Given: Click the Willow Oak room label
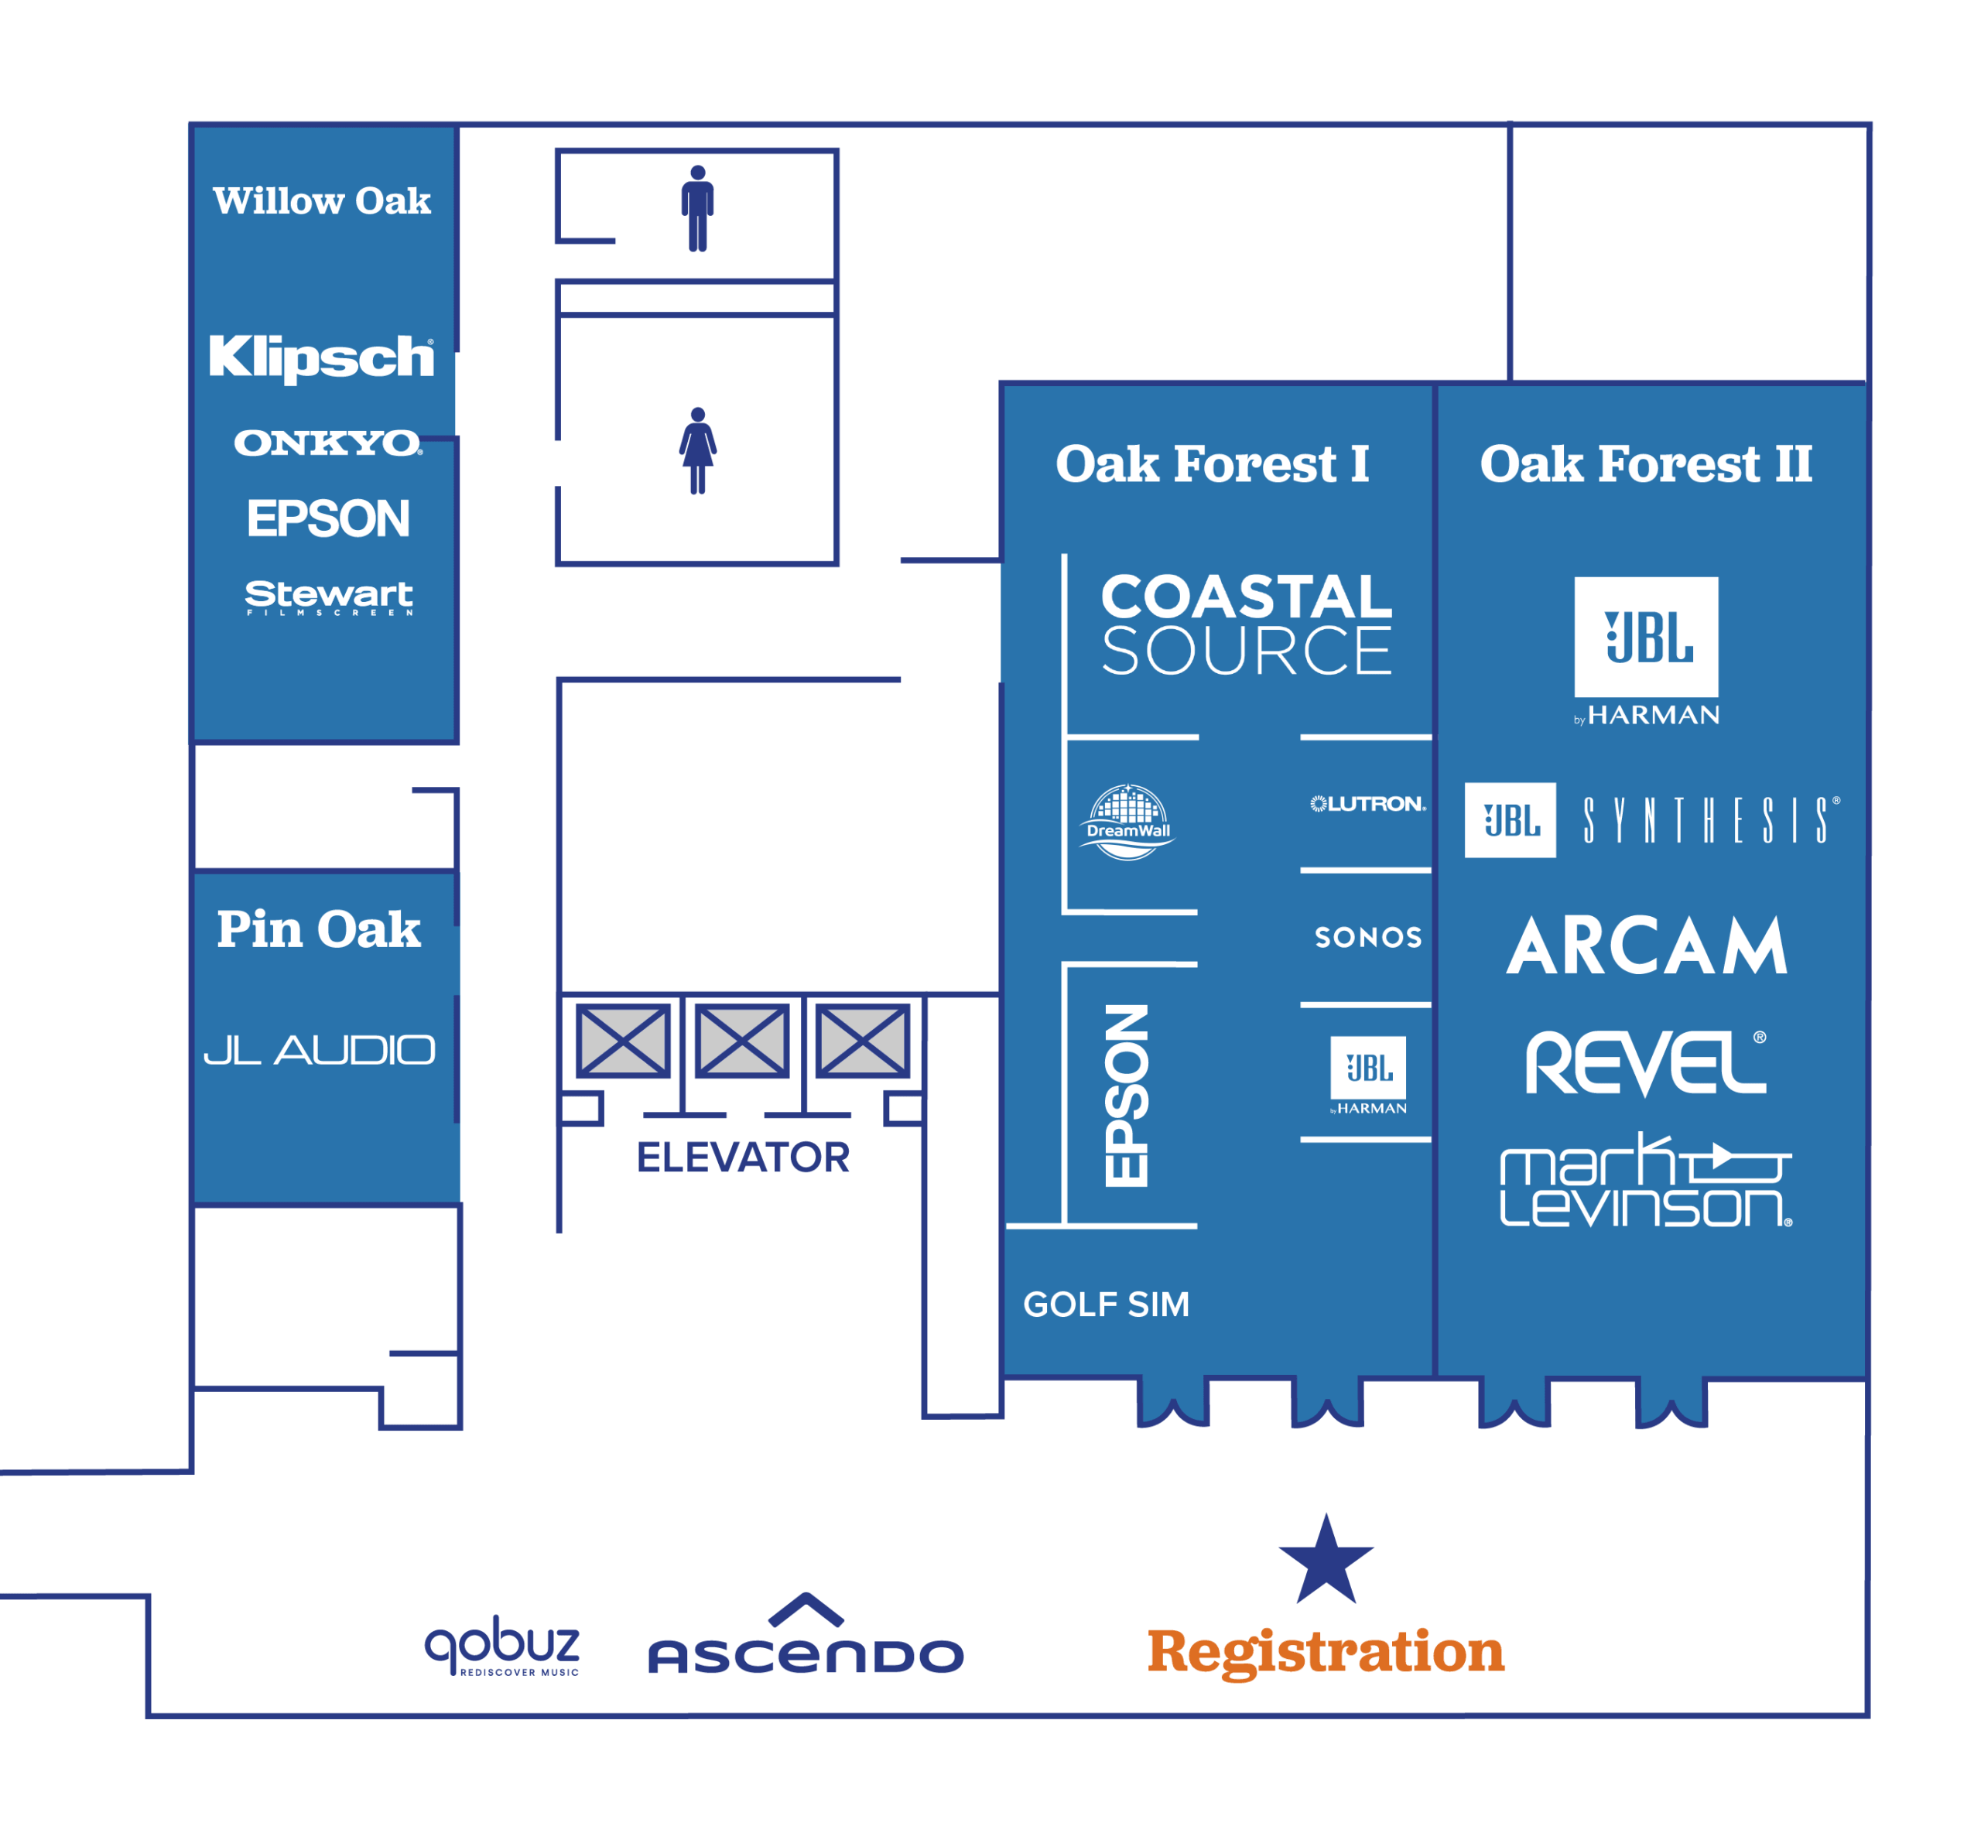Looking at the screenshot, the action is (x=321, y=200).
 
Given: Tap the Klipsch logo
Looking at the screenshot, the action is (x=321, y=357).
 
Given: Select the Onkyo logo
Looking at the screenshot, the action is (x=328, y=443).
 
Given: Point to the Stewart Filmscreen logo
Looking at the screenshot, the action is (x=328, y=598).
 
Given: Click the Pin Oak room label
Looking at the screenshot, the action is (x=318, y=929).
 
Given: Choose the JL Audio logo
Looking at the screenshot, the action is (x=320, y=1049).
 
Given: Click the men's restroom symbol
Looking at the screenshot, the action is (x=697, y=208).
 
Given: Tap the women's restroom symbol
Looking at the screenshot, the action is (x=697, y=450).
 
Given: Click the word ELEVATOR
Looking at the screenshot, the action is (x=743, y=1158).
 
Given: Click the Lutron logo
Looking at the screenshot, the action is (x=1368, y=803).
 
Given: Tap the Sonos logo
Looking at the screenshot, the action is (x=1368, y=937).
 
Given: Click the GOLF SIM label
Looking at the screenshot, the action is (x=1106, y=1305).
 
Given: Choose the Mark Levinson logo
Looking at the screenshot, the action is (x=1647, y=1180).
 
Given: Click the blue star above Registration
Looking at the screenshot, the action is (x=1326, y=1560).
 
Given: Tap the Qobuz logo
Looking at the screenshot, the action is (x=502, y=1649).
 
